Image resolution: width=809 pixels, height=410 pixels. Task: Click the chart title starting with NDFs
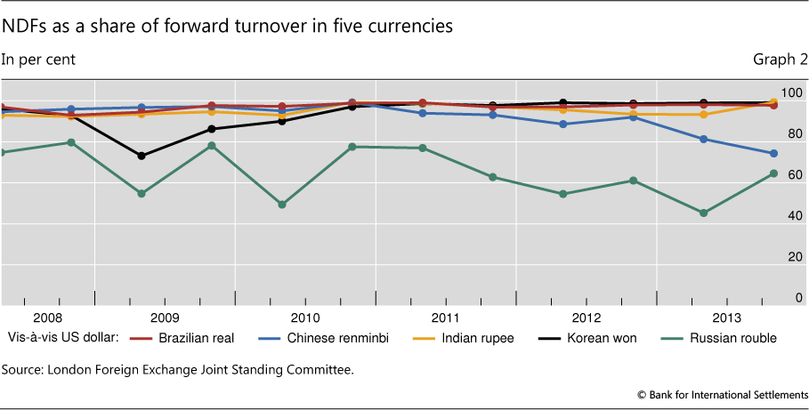pos(228,27)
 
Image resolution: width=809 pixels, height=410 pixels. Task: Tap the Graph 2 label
pos(780,60)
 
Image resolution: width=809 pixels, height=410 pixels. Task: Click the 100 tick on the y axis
pos(791,93)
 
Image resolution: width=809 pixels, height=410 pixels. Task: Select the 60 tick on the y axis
pos(794,175)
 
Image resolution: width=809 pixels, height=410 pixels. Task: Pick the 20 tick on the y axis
pos(794,257)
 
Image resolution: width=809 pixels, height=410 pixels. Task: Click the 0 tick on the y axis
pos(798,298)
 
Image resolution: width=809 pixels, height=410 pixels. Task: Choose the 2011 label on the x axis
pos(445,318)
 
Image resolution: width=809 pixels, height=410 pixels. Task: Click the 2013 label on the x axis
pos(726,318)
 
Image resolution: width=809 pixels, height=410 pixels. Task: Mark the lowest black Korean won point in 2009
pos(142,156)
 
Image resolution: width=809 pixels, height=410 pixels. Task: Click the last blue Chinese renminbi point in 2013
pos(773,154)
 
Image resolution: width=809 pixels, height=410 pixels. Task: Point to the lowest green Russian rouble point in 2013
pos(703,213)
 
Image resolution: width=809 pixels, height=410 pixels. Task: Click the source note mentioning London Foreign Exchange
pos(178,369)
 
